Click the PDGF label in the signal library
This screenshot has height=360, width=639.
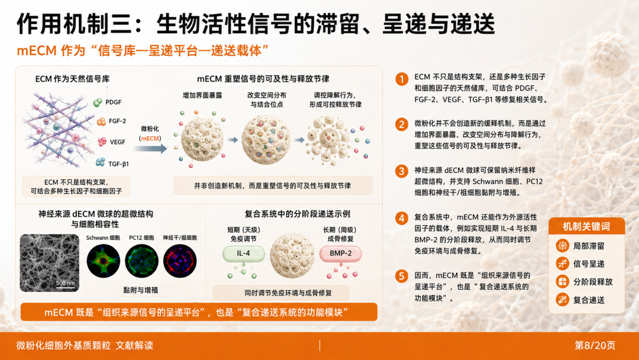coord(113,102)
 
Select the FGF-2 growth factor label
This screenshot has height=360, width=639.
coord(117,121)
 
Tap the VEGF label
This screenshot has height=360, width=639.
coord(117,142)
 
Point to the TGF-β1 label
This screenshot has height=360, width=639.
coord(118,164)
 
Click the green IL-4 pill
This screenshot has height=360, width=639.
coord(243,253)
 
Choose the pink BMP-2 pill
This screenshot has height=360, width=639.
coord(340,253)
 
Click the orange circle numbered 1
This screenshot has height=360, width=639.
coord(402,79)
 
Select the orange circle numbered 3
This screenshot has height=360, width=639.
coord(402,171)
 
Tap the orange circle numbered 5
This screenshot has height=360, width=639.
coord(402,277)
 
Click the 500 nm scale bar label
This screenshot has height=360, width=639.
coord(65,283)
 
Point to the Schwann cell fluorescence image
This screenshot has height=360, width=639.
coord(104,261)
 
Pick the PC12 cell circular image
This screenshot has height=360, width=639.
coord(141,261)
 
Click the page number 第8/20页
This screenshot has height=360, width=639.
coord(595,345)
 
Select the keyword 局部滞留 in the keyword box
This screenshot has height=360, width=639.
coord(589,246)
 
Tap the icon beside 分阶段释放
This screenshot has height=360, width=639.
coord(563,282)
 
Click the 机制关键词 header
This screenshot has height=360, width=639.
coord(586,226)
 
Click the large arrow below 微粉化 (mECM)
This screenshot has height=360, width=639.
coord(150,149)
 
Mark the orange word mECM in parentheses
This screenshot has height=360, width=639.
coord(150,138)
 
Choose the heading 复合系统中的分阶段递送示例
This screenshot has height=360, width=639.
coord(297,214)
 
